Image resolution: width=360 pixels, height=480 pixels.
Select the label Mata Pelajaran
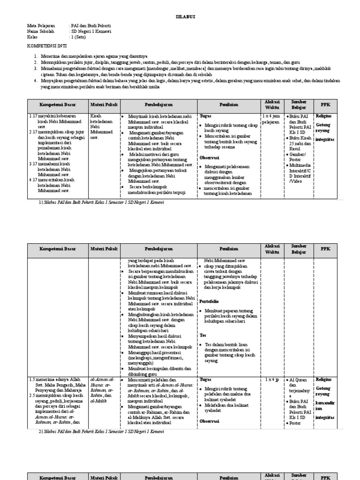(x=41, y=26)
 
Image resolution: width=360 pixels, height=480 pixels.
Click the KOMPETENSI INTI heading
(x=46, y=47)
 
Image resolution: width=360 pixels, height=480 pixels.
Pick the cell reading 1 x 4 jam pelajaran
(x=270, y=118)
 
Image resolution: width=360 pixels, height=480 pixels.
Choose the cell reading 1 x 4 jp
(x=271, y=379)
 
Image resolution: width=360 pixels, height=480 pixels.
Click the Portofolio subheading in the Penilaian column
(x=209, y=301)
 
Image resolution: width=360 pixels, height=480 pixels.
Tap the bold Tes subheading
(x=202, y=335)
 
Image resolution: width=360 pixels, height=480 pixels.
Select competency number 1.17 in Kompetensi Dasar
(x=33, y=115)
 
